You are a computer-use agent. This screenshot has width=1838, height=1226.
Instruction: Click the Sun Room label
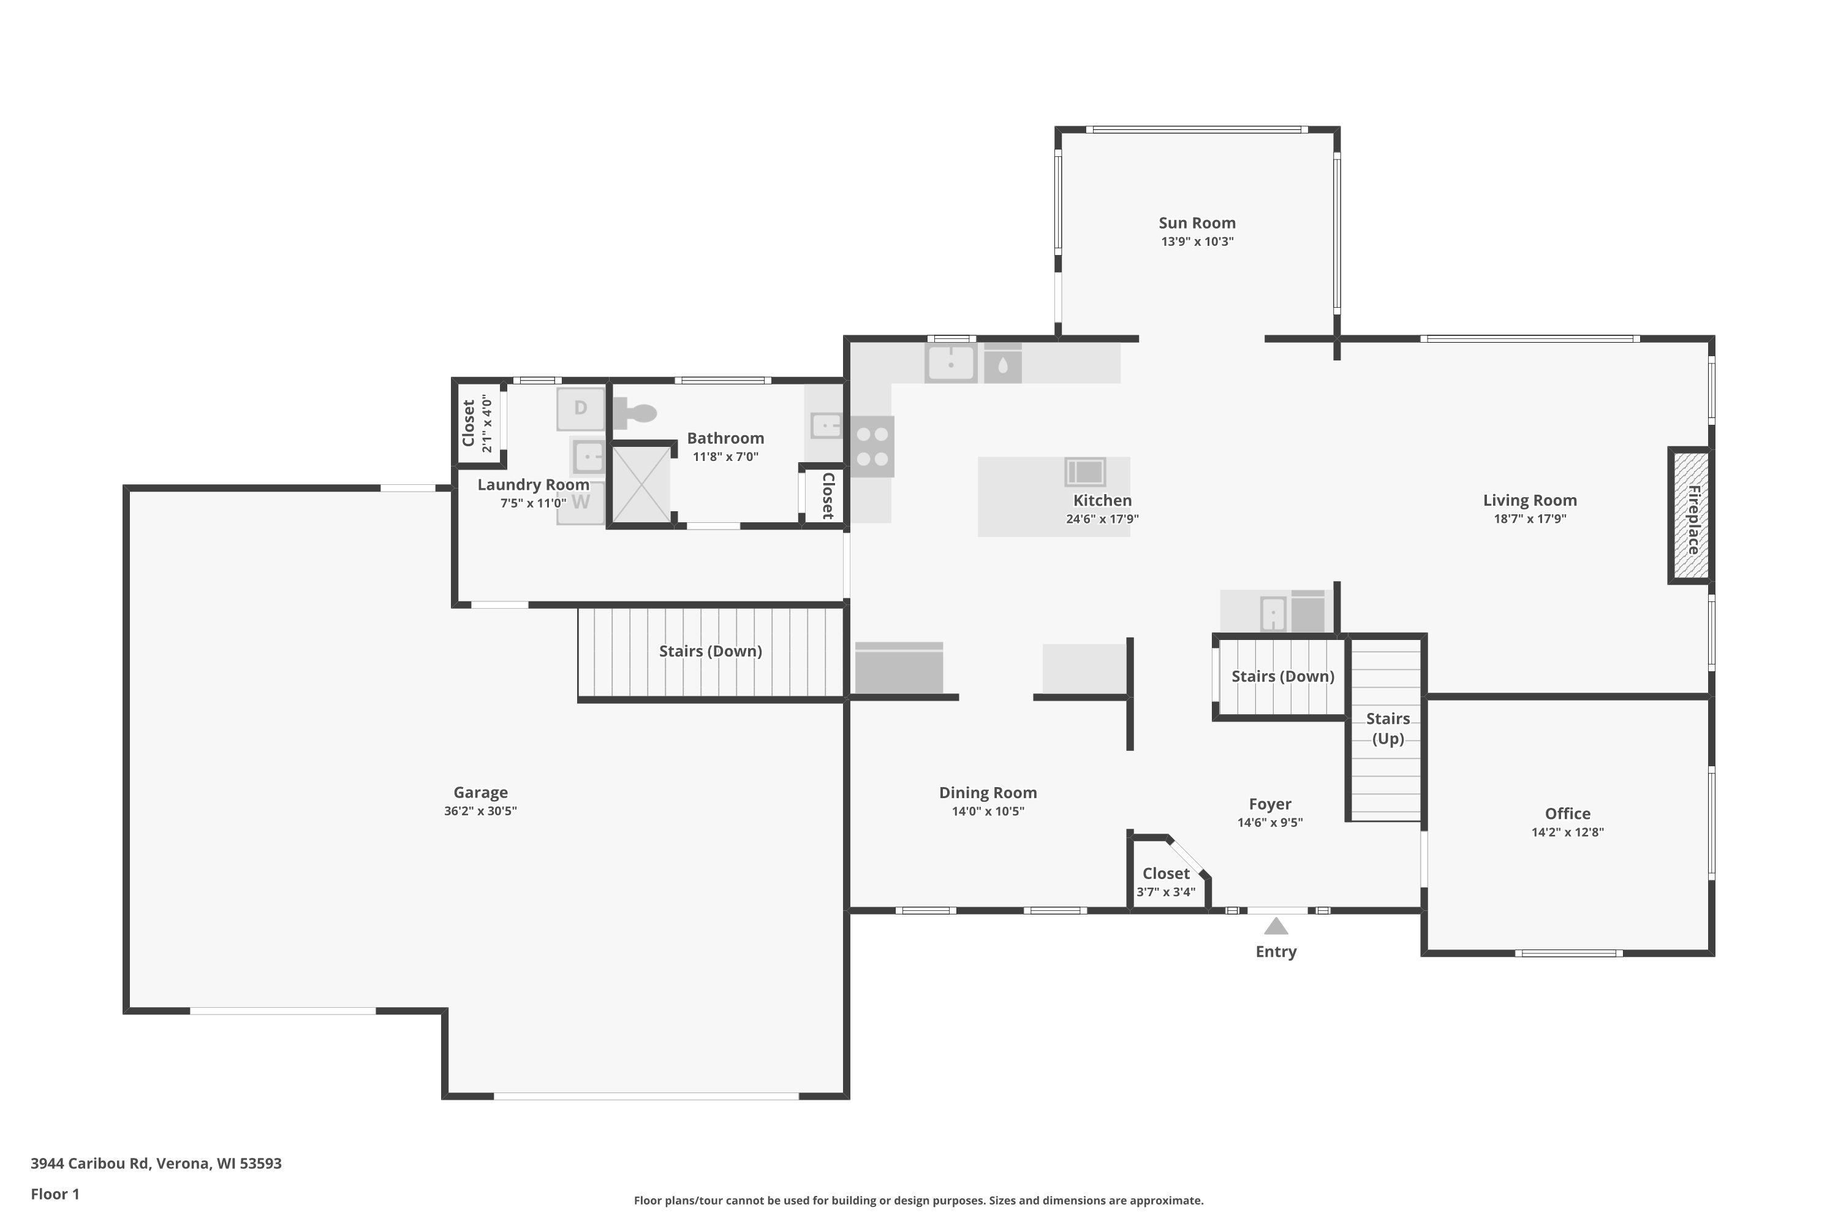tap(1197, 224)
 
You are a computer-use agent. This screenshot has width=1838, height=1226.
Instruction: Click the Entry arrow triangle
tap(1276, 926)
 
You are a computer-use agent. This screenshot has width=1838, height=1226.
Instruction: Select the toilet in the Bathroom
tap(633, 412)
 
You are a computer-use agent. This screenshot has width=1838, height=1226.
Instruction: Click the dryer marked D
tap(581, 408)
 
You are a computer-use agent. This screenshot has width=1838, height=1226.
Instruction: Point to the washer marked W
tap(581, 503)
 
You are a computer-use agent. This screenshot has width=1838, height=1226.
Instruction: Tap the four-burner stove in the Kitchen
tap(872, 446)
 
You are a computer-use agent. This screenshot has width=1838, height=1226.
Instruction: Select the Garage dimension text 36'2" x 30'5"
tap(480, 811)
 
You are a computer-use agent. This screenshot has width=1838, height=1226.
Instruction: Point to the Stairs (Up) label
tap(1388, 729)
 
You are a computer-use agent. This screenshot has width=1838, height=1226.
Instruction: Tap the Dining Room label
tap(988, 793)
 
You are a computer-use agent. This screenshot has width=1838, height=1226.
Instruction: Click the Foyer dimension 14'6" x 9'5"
tap(1270, 823)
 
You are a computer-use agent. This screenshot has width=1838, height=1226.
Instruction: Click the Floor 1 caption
tap(55, 1194)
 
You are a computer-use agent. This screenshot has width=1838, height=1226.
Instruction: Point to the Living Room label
tap(1529, 500)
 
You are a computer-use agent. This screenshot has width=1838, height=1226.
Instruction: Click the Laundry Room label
tap(533, 485)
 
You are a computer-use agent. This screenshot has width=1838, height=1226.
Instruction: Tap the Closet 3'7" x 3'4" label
tap(1166, 882)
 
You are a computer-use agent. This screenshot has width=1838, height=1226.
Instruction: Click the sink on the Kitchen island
tap(1084, 471)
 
